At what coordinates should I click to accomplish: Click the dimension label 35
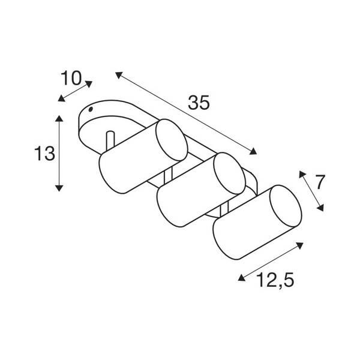[x=199, y=103]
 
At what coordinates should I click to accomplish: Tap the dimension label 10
[x=71, y=78]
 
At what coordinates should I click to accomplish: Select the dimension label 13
[x=45, y=154]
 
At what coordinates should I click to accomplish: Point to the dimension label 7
[x=320, y=182]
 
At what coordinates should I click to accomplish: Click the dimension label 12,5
[x=275, y=280]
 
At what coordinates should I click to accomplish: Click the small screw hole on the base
[x=91, y=109]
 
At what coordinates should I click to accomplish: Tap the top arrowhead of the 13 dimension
[x=59, y=118]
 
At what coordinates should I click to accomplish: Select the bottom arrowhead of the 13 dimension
[x=59, y=188]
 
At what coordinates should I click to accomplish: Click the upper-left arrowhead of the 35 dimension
[x=118, y=75]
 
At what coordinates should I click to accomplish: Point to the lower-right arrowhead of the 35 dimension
[x=253, y=151]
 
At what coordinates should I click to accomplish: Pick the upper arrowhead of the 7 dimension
[x=302, y=174]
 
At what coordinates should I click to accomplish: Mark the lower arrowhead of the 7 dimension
[x=320, y=208]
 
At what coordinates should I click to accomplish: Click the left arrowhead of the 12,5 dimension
[x=242, y=278]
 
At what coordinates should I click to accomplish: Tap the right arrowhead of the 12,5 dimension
[x=300, y=245]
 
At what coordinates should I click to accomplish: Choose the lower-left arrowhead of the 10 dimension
[x=61, y=98]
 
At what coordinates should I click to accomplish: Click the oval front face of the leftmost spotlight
[x=172, y=140]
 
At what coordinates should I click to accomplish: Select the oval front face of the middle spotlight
[x=229, y=173]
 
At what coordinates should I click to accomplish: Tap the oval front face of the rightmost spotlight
[x=286, y=206]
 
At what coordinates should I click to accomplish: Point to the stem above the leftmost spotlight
[x=110, y=140]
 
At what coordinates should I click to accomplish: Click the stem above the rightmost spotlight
[x=224, y=208]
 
